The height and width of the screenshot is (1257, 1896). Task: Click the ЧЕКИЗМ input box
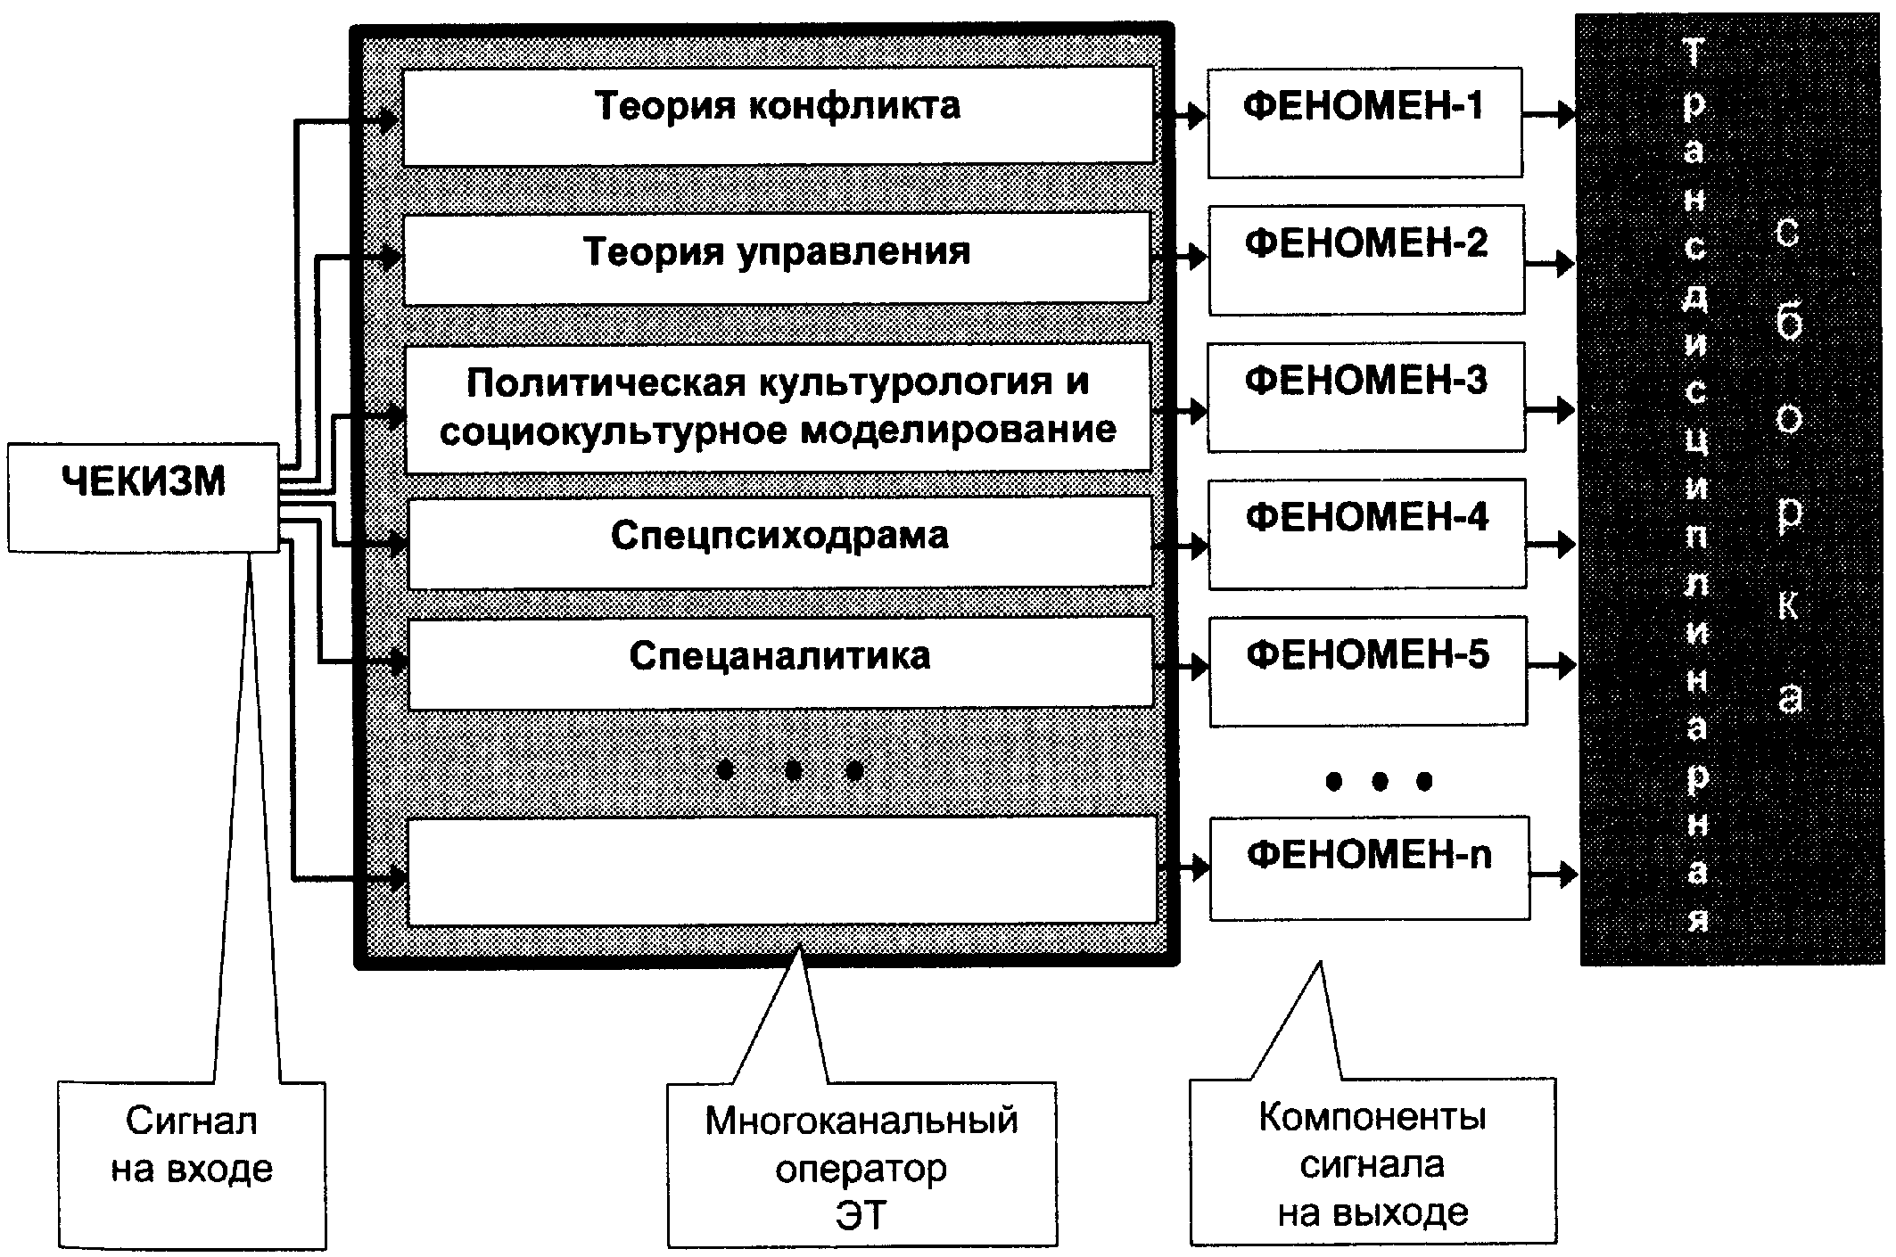144,497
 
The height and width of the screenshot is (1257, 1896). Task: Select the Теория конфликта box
778,116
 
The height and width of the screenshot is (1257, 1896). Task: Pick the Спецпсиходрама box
780,542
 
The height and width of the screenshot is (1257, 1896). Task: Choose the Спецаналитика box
781,663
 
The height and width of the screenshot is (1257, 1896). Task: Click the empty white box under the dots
782,870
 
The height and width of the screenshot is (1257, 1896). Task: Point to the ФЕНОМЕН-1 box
1364,122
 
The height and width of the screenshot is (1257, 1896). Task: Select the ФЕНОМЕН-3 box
1366,397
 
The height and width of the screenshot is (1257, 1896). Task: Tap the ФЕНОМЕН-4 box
1367,534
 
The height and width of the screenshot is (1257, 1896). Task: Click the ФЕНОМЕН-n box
1370,868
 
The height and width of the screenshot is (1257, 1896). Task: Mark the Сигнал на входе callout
192,1165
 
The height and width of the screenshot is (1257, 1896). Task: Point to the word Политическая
611,382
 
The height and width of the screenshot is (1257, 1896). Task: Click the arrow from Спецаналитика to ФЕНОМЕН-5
1182,666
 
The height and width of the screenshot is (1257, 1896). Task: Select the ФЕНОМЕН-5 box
1368,670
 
